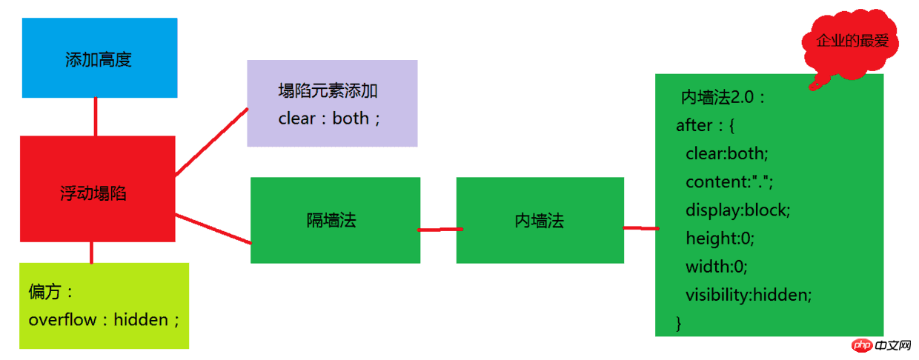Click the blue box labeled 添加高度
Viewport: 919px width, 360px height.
tap(100, 58)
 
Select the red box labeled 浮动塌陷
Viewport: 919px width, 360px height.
tap(98, 189)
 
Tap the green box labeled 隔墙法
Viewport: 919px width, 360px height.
tap(335, 220)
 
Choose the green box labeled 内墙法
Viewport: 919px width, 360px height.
tap(540, 220)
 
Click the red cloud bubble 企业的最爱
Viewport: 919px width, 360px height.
tap(851, 43)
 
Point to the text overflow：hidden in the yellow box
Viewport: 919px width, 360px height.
tap(104, 320)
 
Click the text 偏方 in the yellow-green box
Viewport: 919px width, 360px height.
tap(44, 292)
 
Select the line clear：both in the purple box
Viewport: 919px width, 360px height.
tap(329, 119)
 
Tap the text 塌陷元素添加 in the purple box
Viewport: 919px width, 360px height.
tap(328, 90)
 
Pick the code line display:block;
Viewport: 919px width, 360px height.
tap(737, 210)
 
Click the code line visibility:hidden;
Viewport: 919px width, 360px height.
tap(749, 295)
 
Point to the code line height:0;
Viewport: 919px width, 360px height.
tap(720, 239)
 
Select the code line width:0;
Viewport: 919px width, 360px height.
tap(717, 267)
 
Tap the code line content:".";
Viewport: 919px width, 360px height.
tap(729, 181)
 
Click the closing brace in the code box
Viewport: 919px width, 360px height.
tap(679, 324)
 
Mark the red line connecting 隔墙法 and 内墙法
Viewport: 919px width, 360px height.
tap(440, 230)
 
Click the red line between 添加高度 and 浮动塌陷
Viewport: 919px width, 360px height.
tap(96, 117)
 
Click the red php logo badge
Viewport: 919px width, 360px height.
tap(861, 345)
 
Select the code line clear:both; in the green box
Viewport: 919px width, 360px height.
tap(726, 154)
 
